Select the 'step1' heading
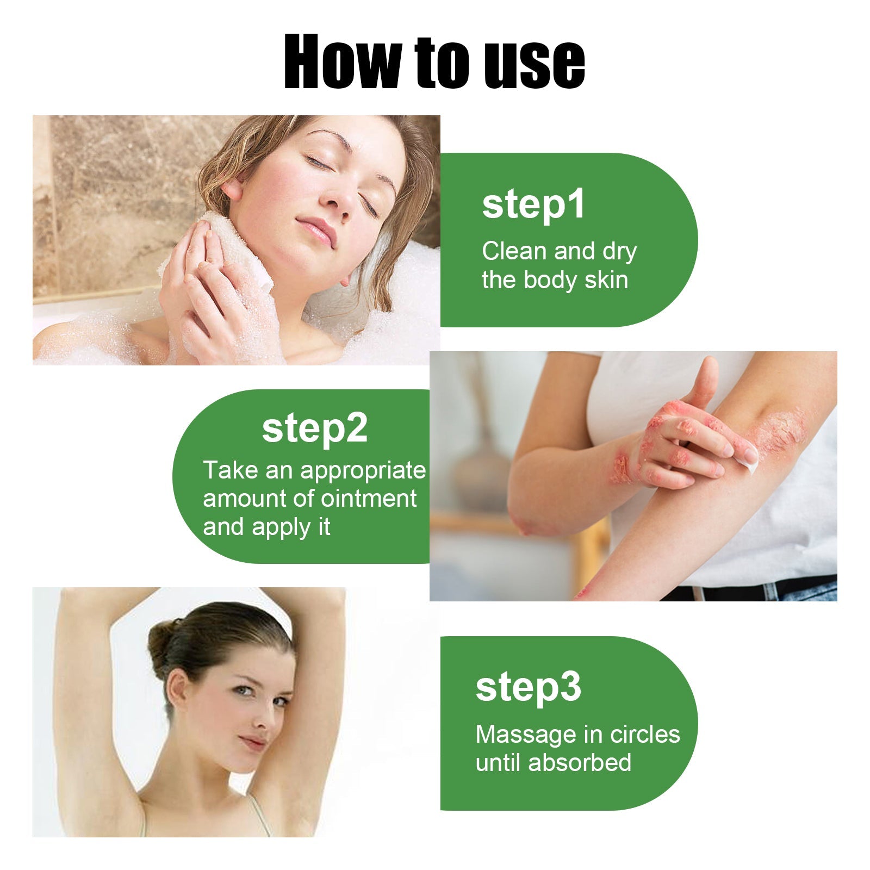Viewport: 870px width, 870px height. coord(533,204)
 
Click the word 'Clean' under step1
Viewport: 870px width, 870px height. coord(514,251)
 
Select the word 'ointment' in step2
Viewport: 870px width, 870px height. coord(369,499)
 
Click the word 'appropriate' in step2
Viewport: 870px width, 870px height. coord(363,470)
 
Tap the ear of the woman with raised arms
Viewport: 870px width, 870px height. coord(177,687)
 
